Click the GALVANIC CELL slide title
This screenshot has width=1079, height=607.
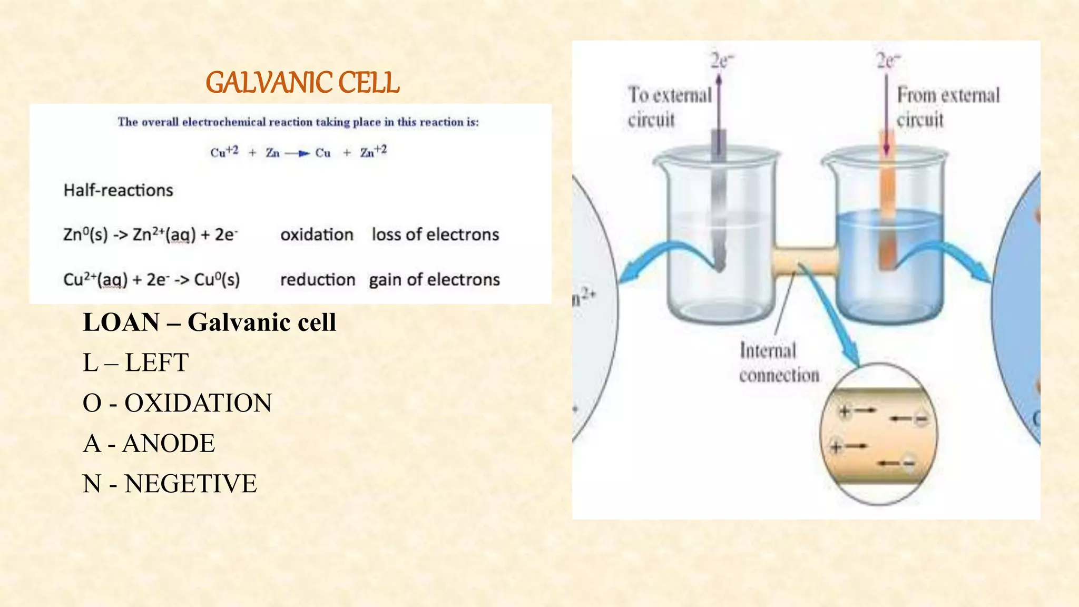click(302, 83)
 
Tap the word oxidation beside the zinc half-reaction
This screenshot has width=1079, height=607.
click(317, 234)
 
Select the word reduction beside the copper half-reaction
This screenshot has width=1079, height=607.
click(318, 280)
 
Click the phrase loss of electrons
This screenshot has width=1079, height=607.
click(435, 234)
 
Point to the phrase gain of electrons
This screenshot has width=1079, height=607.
click(434, 280)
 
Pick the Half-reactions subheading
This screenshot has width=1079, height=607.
click(118, 190)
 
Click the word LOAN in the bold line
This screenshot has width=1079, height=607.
click(121, 322)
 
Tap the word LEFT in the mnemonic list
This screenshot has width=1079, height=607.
click(156, 363)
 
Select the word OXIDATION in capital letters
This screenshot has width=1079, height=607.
click(198, 403)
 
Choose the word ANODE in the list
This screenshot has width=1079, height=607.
click(169, 444)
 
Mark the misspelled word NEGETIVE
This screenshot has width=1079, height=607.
click(191, 484)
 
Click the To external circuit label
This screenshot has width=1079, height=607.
click(669, 107)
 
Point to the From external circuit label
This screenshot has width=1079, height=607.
click(948, 107)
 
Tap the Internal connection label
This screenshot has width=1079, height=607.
click(779, 363)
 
